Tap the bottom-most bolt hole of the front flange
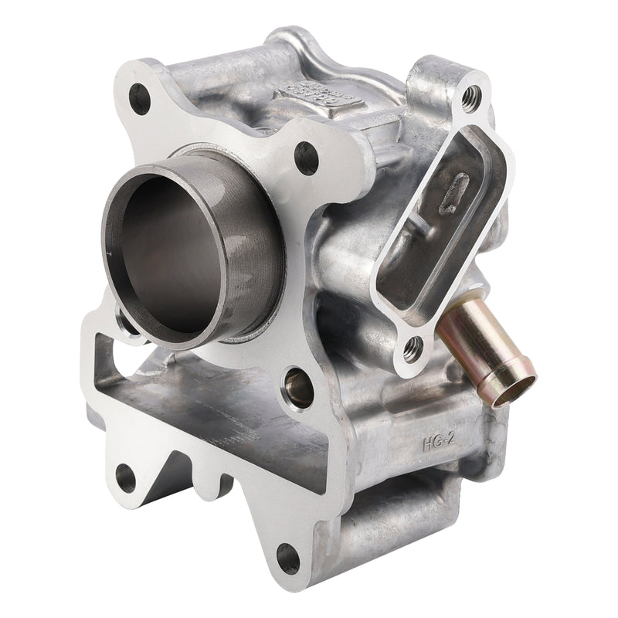(x=287, y=554)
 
